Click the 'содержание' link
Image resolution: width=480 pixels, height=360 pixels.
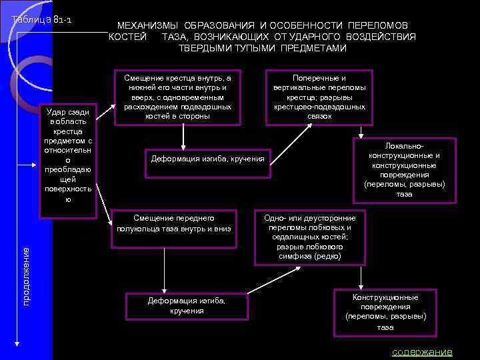[422, 351]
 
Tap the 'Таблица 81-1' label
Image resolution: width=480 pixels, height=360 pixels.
[42, 19]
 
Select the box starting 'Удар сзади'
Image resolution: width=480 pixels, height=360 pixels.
[68, 161]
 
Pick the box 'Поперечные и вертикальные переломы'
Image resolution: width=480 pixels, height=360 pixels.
[319, 97]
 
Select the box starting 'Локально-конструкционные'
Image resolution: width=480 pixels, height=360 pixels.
[404, 170]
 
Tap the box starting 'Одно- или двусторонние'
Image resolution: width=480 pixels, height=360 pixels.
[310, 237]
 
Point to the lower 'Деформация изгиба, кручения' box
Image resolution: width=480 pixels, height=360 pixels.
[187, 306]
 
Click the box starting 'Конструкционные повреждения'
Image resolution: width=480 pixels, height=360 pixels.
[385, 312]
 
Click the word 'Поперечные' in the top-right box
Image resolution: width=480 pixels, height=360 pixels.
[320, 78]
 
